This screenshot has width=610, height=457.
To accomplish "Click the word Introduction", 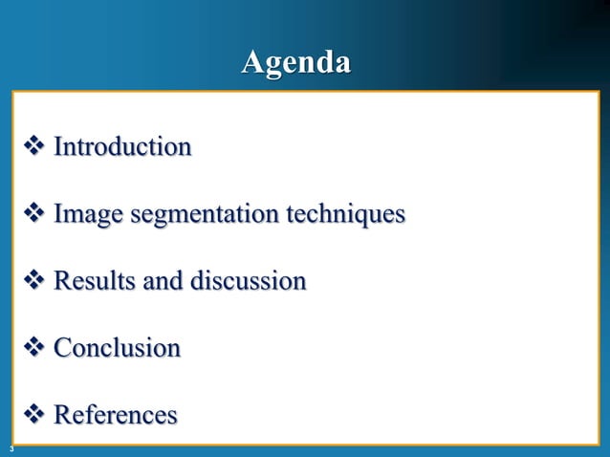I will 122,147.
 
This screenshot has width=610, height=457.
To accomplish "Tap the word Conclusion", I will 117,347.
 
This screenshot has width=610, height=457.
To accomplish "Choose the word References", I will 116,415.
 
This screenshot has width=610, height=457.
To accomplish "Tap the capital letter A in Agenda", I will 252,62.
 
